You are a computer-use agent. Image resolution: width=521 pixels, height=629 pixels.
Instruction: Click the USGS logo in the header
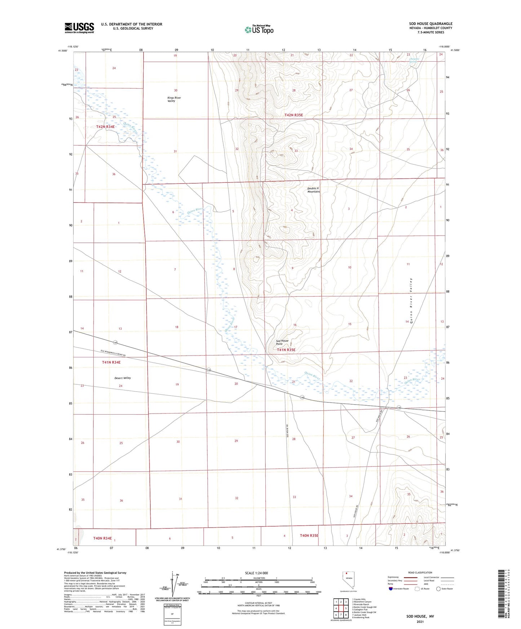[x=79, y=28]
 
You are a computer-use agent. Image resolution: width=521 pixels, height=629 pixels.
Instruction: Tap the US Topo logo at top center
[x=259, y=30]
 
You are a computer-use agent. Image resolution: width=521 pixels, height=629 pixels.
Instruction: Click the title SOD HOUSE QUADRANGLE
[x=431, y=24]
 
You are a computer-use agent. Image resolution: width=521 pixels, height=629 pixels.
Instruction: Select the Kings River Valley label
[x=174, y=99]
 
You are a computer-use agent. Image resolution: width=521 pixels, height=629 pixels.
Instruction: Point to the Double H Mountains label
[x=313, y=190]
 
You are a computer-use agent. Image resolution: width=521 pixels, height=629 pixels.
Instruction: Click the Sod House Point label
[x=282, y=342]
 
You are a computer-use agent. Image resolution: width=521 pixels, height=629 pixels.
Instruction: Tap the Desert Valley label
[x=123, y=378]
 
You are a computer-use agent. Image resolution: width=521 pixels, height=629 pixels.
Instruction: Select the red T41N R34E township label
[x=111, y=362]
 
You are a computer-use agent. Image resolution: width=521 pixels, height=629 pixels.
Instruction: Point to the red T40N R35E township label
[x=309, y=535]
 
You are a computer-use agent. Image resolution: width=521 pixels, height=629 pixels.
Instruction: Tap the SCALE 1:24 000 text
[x=256, y=573]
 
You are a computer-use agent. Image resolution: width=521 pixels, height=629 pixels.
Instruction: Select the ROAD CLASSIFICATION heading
[x=420, y=572]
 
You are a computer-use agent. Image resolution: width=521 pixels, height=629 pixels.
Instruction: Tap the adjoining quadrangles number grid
[x=341, y=609]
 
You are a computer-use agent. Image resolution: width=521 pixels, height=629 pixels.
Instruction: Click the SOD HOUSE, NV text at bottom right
[x=420, y=616]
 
